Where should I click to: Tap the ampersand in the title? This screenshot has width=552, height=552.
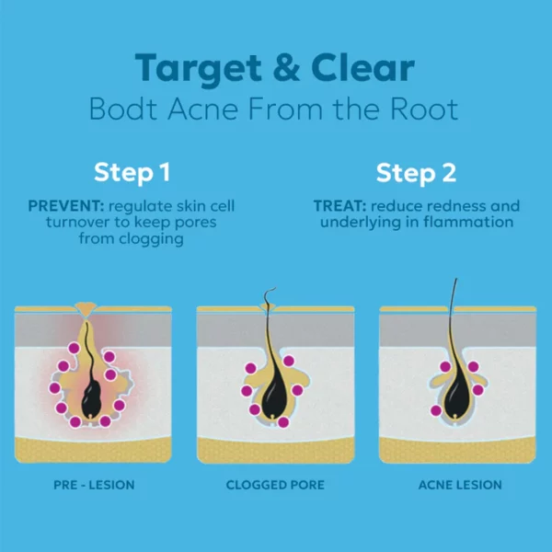click(286, 67)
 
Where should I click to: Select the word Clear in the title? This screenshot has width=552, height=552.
click(362, 67)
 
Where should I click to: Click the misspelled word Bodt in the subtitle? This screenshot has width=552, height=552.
click(123, 109)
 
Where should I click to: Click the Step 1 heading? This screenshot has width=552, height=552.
click(132, 173)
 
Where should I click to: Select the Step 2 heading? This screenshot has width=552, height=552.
click(416, 173)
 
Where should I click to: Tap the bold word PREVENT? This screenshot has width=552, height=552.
click(66, 206)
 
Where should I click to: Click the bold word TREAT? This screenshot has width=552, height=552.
click(339, 206)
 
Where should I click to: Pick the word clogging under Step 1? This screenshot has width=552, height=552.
click(151, 239)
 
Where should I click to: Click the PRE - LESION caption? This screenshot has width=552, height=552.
click(94, 485)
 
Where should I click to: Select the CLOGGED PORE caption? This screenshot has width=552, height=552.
click(275, 485)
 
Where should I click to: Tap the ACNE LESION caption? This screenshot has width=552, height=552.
click(460, 485)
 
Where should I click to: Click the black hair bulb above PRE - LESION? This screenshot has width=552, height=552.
click(91, 399)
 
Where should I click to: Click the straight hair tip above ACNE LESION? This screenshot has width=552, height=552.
click(456, 279)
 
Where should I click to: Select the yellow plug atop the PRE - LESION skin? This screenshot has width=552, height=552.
click(86, 310)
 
